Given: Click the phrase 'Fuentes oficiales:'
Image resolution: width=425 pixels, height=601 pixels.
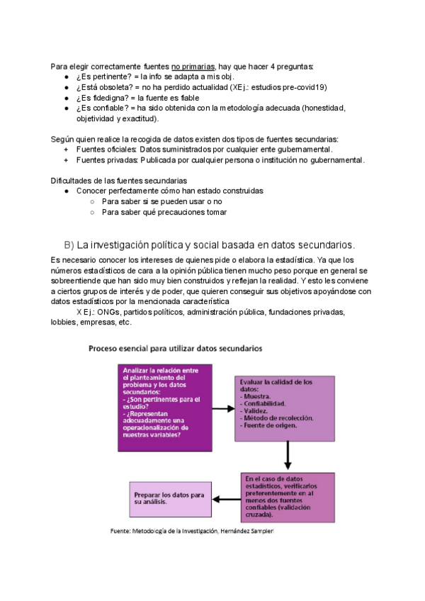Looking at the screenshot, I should point(106,149).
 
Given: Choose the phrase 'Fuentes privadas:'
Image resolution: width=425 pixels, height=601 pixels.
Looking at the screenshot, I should point(106,159).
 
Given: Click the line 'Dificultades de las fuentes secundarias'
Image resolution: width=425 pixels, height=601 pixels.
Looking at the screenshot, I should point(119,181).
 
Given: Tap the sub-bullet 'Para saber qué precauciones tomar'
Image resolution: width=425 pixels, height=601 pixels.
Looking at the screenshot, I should point(164,212).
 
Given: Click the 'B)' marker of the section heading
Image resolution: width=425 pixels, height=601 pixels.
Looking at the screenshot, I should point(69,245).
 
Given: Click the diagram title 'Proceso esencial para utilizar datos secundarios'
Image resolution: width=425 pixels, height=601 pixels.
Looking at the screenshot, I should point(175,349).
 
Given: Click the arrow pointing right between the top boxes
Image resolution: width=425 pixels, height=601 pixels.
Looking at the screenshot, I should point(223,408).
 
